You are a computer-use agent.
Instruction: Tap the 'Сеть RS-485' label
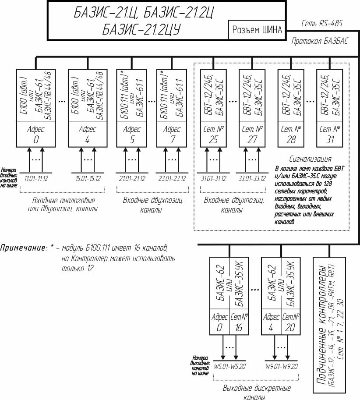click(322, 23)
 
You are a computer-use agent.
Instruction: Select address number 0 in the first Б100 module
click(36, 140)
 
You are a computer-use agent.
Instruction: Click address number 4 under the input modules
click(88, 140)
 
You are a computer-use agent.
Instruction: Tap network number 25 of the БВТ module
click(214, 140)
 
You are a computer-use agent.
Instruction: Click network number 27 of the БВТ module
click(253, 140)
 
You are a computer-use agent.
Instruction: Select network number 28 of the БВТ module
click(291, 140)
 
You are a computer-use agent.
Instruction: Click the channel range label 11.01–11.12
click(36, 178)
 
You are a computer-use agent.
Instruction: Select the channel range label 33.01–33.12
click(253, 178)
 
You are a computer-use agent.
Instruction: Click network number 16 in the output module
click(239, 328)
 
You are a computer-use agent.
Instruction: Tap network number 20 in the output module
click(291, 328)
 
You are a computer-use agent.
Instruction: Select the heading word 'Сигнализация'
click(310, 159)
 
